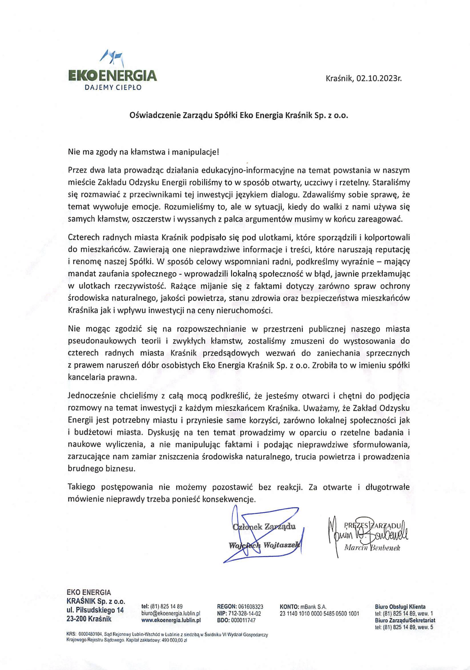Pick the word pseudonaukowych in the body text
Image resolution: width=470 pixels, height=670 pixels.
(102, 341)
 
